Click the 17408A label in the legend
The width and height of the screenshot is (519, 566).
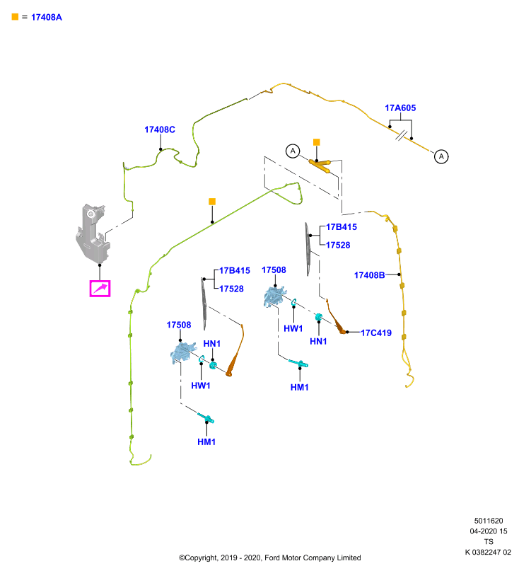click(47, 17)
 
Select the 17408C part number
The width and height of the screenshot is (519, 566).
click(160, 129)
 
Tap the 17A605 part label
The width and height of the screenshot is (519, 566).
click(400, 108)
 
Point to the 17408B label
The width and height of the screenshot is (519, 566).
click(369, 275)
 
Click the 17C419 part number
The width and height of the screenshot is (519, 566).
click(376, 333)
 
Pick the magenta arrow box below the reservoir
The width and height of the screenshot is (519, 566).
click(100, 289)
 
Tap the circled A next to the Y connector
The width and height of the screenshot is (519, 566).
click(293, 151)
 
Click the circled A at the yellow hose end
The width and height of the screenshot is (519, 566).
click(441, 156)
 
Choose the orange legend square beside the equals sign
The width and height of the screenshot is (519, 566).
click(15, 17)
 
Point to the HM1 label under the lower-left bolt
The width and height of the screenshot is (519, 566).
click(206, 441)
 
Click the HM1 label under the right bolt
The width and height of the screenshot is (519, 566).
click(299, 387)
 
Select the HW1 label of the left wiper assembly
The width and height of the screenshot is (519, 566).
click(201, 386)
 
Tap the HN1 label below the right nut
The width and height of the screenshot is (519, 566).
click(318, 342)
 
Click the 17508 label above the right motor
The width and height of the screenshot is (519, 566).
click(274, 270)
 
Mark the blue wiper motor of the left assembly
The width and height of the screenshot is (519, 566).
click(183, 352)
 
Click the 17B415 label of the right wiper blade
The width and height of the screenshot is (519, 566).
click(342, 227)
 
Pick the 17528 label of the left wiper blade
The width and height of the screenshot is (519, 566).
click(231, 289)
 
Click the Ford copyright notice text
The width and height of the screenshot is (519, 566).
click(270, 558)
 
